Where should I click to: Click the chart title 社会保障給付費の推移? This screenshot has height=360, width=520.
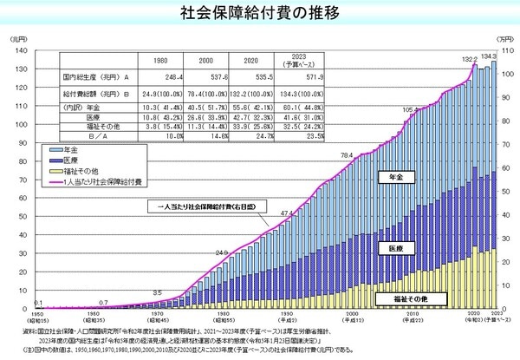[259, 12]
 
